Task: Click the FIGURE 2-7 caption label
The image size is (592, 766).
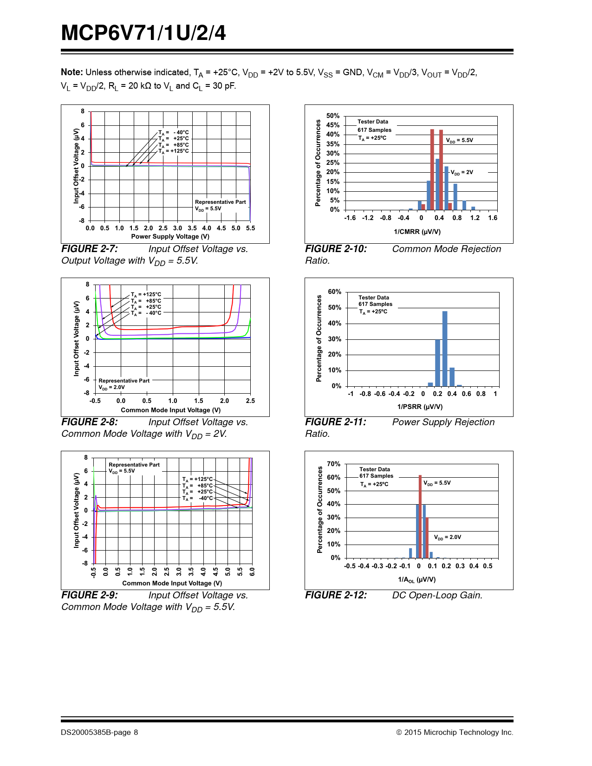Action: click(90, 249)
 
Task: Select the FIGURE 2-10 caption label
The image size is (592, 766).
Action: click(336, 249)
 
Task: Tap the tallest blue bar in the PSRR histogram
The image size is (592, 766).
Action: click(445, 348)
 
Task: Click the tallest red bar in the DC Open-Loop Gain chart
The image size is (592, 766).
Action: click(420, 516)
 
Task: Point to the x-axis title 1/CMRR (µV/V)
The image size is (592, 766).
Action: click(417, 232)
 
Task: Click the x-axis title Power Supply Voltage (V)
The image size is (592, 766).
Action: click(170, 236)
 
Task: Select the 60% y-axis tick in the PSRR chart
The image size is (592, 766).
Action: click(334, 292)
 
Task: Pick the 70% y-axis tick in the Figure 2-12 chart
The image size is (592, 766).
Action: click(333, 464)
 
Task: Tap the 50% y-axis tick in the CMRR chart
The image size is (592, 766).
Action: click(333, 116)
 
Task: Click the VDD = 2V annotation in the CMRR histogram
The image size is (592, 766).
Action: click(462, 172)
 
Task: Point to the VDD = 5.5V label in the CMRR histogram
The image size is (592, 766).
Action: click(459, 140)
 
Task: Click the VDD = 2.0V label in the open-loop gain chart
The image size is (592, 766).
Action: click(447, 537)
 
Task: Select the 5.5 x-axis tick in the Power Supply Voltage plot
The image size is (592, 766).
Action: click(250, 228)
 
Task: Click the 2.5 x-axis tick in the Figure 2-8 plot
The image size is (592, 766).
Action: click(250, 401)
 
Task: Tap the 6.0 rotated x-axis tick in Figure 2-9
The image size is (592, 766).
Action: click(252, 571)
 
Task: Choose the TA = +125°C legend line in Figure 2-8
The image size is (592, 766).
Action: click(146, 294)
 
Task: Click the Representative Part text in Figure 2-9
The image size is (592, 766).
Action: click(134, 465)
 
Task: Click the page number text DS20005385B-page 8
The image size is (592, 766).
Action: click(99, 732)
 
